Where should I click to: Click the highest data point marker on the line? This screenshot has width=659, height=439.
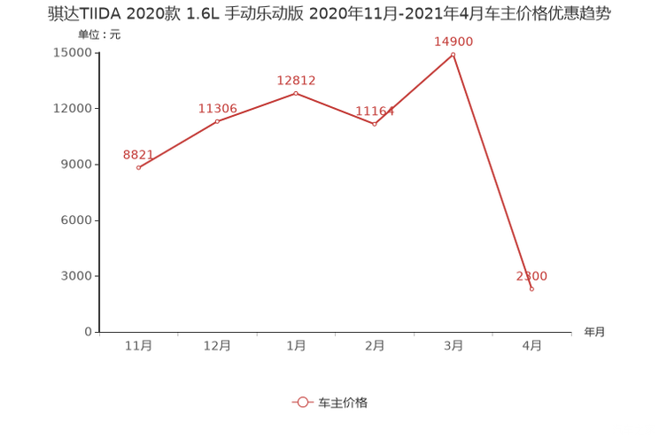tap(454, 54)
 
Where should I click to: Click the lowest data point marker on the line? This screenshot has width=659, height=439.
tap(531, 289)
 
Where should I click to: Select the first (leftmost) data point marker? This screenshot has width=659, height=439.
tap(138, 167)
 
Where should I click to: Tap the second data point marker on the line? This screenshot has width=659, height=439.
tap(217, 121)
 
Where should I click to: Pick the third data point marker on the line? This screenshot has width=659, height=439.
tap(296, 91)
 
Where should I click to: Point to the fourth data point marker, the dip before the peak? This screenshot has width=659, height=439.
tap(375, 125)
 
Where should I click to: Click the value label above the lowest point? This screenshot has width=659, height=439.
tap(531, 276)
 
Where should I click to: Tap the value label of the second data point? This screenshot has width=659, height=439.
tap(217, 108)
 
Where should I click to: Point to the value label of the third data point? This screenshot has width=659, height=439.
tap(296, 80)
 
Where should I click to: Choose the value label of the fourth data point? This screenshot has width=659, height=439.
tap(375, 111)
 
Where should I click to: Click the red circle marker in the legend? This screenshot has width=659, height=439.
tap(303, 402)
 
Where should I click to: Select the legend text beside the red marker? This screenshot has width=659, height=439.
tap(343, 402)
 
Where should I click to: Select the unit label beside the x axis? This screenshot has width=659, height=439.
tap(594, 333)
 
